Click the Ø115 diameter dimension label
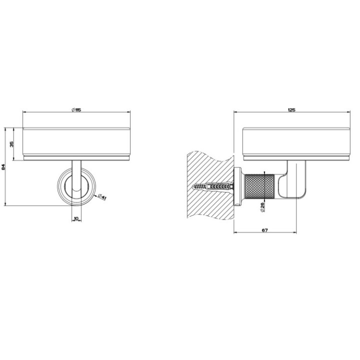point(76,109)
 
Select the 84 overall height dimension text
point(3,167)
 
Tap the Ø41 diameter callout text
point(102,197)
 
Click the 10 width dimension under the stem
point(76,218)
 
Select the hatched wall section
point(207,165)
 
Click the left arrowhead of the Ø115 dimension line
point(24,113)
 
